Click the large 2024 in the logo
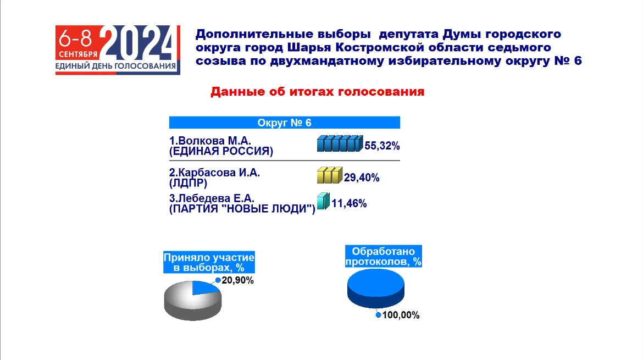coord(137,43)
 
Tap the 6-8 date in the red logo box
coord(75,39)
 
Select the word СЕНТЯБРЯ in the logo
coord(79,54)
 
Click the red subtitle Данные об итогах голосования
coord(318,91)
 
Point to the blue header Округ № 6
coord(284,123)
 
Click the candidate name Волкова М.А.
coord(210,141)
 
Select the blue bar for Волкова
coord(340,143)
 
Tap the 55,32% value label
coord(382,146)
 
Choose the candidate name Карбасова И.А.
coord(214,172)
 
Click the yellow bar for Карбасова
coord(330,175)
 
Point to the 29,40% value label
coord(362,178)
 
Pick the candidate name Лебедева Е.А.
coord(212,198)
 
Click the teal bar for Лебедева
coord(323,201)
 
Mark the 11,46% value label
coord(349,204)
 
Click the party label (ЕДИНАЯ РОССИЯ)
coord(221,151)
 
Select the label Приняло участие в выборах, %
coord(209,262)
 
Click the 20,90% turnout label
coord(238,280)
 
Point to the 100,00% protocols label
coord(401,315)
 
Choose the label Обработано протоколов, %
coord(384,256)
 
